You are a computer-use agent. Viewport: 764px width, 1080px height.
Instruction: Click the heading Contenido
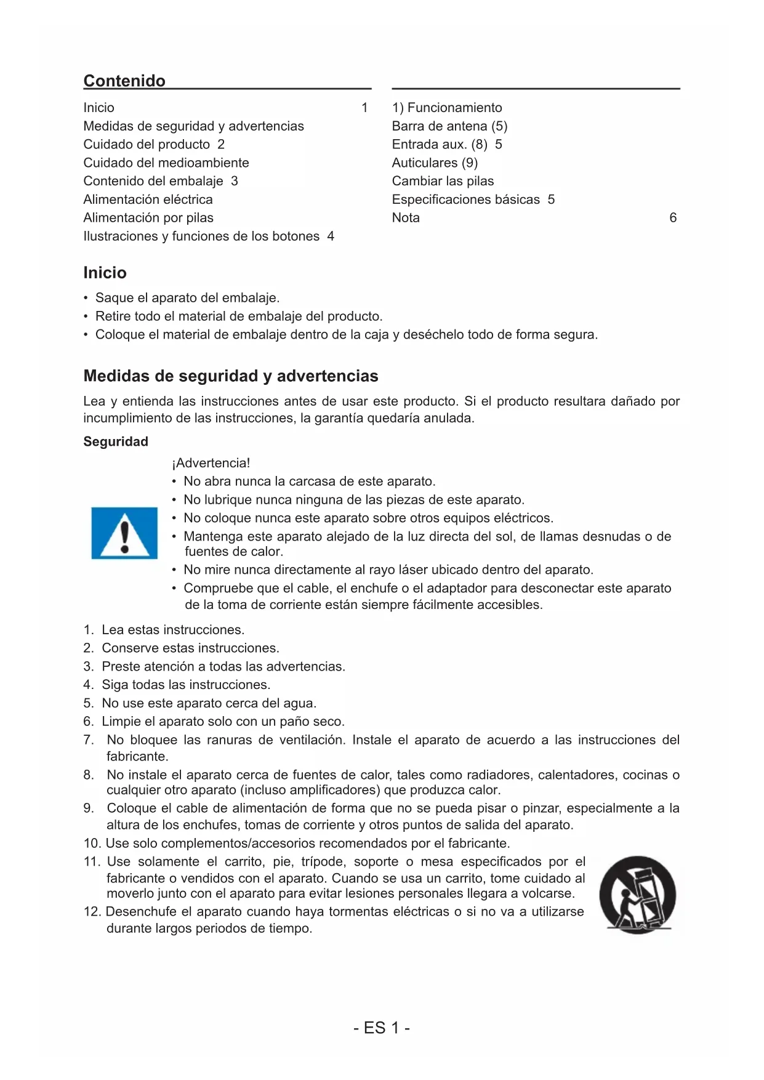[x=124, y=81]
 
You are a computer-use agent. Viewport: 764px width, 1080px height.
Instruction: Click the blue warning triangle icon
[x=124, y=533]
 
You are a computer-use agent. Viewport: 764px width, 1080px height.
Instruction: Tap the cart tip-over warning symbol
[x=637, y=894]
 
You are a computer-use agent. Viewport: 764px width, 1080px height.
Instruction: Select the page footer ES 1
[x=382, y=1028]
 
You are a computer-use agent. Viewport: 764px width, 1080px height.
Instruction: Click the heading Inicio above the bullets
[x=105, y=273]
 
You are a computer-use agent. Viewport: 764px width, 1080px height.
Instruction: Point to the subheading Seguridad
[x=116, y=441]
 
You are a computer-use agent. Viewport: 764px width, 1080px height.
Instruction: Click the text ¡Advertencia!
[x=211, y=463]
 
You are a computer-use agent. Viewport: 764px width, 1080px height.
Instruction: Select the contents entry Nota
[x=406, y=218]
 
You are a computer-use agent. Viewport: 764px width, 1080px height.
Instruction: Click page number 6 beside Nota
[x=673, y=218]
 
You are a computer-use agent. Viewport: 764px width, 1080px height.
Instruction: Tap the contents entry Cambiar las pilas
[x=443, y=181]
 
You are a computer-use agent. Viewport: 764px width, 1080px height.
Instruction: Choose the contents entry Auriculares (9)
[x=435, y=163]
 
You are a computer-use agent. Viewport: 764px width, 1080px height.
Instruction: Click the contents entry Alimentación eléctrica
[x=148, y=199]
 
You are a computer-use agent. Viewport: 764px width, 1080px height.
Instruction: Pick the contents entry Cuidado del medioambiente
[x=166, y=163]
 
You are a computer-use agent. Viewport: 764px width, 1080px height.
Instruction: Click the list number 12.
[x=92, y=911]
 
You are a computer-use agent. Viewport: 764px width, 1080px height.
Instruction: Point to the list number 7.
[x=88, y=740]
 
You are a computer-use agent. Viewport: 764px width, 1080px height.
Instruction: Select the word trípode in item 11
[x=324, y=861]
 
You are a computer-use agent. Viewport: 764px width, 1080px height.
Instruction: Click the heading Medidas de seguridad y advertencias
[x=231, y=376]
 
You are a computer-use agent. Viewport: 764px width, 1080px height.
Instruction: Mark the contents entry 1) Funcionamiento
[x=447, y=108]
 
